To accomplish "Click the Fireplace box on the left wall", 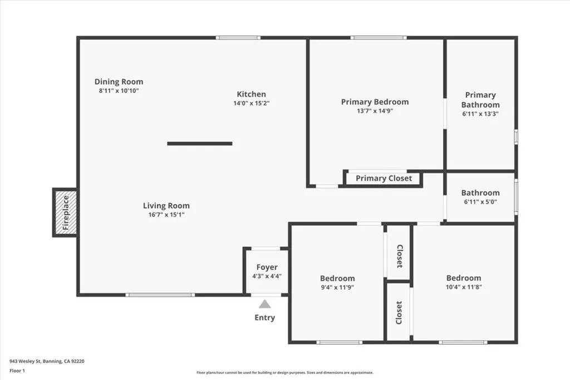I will coord(65,213).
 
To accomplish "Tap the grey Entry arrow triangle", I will coord(264,304).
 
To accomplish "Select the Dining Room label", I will coord(119,82).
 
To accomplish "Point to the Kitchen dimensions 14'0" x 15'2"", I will coord(252,103).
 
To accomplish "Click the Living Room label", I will coord(166,206).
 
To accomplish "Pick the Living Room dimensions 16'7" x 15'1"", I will coord(166,214).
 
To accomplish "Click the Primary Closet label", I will coord(384,178).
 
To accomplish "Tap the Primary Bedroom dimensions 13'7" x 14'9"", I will coord(375,111).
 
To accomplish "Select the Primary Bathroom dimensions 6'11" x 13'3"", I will coord(480,113).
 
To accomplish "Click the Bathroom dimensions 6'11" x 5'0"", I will coord(480,202).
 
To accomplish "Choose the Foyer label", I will coord(267,268).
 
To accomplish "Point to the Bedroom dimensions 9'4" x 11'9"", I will coord(337,287).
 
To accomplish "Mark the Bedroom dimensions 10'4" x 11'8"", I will coord(464,287).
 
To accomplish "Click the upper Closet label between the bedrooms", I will coord(399,256).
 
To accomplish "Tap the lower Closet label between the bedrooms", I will coord(399,313).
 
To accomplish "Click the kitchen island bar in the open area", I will coord(200,144).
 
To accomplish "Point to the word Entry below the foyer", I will coord(264,318).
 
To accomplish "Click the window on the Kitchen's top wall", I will coord(238,38).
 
